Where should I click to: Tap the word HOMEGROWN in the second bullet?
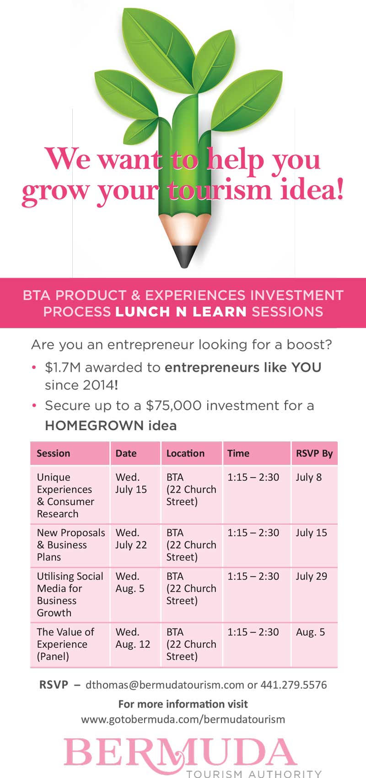click(x=94, y=426)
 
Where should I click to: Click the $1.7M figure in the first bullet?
click(x=63, y=368)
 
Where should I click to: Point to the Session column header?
click(x=54, y=453)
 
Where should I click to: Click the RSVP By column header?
click(x=314, y=453)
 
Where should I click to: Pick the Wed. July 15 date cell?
click(x=131, y=483)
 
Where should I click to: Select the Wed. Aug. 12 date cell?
click(x=133, y=638)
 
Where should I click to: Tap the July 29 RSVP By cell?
click(x=312, y=576)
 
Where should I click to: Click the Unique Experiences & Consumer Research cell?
click(x=66, y=496)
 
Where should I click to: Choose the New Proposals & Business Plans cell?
click(x=71, y=544)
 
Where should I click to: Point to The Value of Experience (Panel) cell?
click(x=66, y=644)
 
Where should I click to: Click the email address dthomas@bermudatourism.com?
click(x=165, y=685)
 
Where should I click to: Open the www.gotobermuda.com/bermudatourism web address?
click(x=183, y=719)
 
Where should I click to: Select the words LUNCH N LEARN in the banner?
click(x=181, y=312)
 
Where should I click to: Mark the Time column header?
click(x=238, y=453)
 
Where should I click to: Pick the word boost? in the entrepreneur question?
click(x=309, y=345)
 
